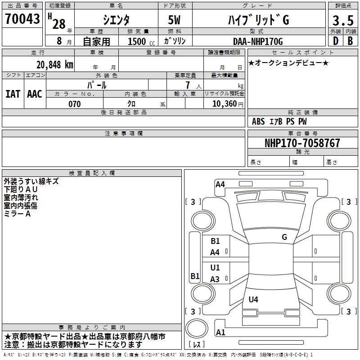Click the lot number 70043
click(22, 18)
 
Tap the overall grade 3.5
click(343, 20)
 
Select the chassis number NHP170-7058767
click(302, 143)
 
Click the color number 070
click(74, 104)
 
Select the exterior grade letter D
click(335, 41)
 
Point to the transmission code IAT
click(13, 94)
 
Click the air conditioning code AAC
click(34, 94)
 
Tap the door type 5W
click(175, 20)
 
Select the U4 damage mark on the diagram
click(253, 299)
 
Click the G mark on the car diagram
click(284, 237)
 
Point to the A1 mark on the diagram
click(220, 333)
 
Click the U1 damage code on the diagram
click(215, 268)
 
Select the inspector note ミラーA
click(17, 214)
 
